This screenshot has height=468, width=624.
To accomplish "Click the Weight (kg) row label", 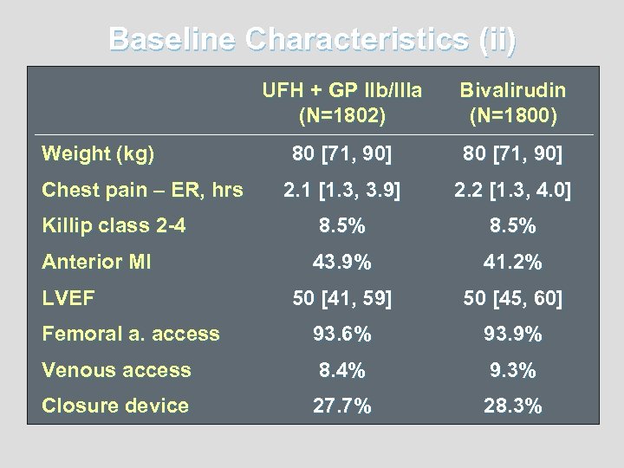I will [99, 156].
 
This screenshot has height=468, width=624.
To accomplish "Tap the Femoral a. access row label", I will [131, 334].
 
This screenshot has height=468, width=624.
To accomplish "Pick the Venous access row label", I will [116, 370].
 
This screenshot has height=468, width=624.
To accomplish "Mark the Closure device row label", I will [115, 406].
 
